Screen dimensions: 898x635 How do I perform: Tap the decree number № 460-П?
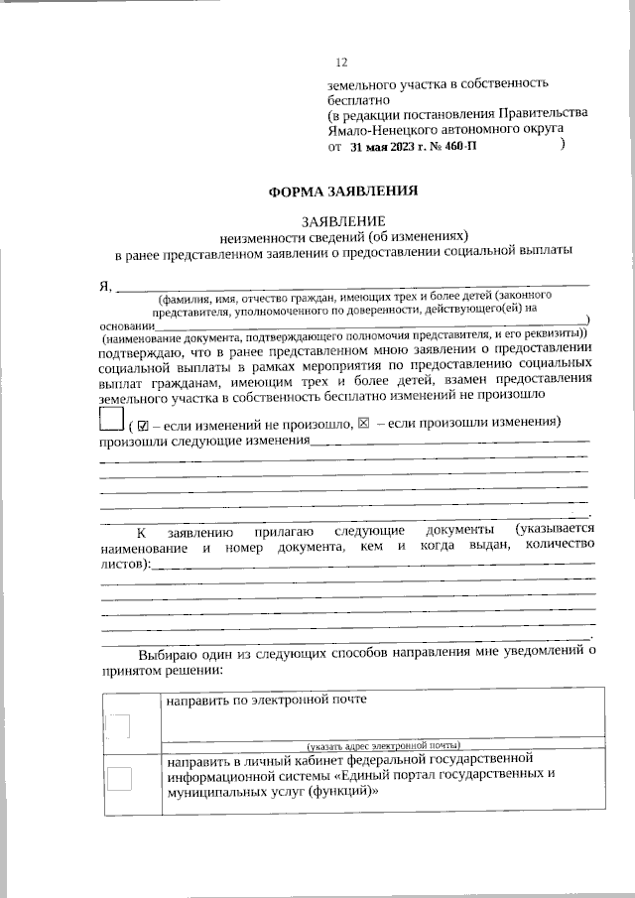455,146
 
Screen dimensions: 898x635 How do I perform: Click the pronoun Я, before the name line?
106,287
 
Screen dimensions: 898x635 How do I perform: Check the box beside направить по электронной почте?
119,730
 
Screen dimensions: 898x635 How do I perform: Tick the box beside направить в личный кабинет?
119,778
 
